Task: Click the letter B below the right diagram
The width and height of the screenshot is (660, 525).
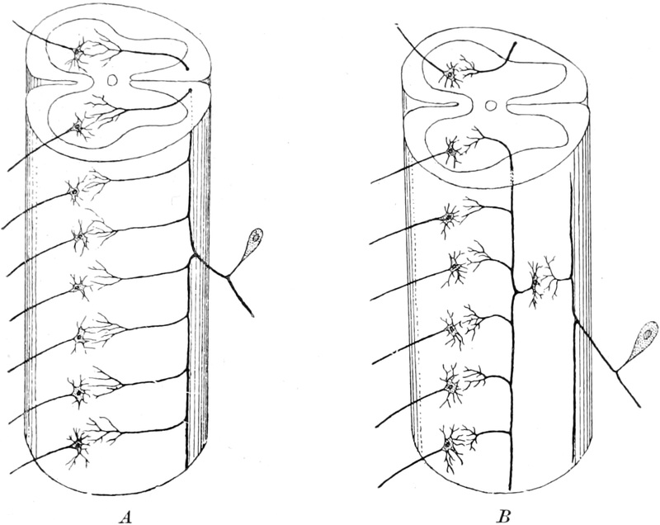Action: pyautogui.click(x=504, y=516)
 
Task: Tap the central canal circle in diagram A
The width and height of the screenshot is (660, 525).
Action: pyautogui.click(x=111, y=79)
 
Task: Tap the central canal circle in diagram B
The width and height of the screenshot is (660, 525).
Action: pyautogui.click(x=490, y=106)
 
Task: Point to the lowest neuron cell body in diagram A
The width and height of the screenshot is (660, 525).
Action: pyautogui.click(x=78, y=445)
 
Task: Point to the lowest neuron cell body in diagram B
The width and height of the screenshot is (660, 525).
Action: pyautogui.click(x=447, y=445)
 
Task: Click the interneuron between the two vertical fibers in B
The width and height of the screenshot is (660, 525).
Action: pyautogui.click(x=535, y=282)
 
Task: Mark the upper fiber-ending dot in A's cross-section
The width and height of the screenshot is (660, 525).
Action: pyautogui.click(x=187, y=68)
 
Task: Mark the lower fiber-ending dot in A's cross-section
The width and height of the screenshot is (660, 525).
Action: pyautogui.click(x=191, y=90)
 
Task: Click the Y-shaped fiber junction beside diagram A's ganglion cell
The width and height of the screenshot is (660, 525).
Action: pyautogui.click(x=228, y=277)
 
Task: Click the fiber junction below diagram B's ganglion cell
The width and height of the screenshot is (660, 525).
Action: pyautogui.click(x=615, y=371)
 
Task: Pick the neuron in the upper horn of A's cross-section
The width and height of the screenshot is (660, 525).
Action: pyautogui.click(x=78, y=52)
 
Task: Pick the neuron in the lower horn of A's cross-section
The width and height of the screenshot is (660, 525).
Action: pyautogui.click(x=77, y=125)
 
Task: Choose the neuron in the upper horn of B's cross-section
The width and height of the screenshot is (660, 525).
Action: pyautogui.click(x=450, y=76)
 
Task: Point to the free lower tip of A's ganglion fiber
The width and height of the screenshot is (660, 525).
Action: pyautogui.click(x=252, y=314)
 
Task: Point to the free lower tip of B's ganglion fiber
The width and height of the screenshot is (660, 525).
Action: pyautogui.click(x=640, y=406)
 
